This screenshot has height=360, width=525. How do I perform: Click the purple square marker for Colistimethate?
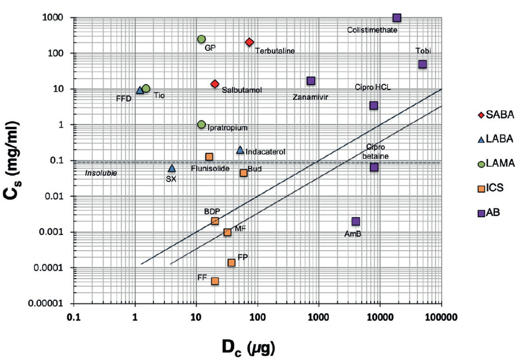pos(397,18)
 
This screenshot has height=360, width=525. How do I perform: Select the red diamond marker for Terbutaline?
pos(249,42)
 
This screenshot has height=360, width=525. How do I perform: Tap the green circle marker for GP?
pos(202,39)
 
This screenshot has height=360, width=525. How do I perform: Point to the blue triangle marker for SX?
pos(171,168)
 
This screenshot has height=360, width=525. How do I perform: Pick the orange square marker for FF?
pos(215,281)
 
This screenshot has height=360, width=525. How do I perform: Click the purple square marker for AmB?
pos(356,221)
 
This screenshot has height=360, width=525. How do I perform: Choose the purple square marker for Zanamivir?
pos(311,81)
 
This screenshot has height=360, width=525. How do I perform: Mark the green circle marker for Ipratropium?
pos(202,124)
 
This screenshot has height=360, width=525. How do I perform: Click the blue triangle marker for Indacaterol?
pos(240,149)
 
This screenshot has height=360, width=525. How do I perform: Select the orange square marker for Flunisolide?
pos(209,157)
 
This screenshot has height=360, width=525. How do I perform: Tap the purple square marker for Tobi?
pos(423,64)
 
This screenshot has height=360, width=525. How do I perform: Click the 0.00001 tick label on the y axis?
pos(45,303)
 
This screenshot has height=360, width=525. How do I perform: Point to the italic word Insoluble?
pos(102,173)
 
